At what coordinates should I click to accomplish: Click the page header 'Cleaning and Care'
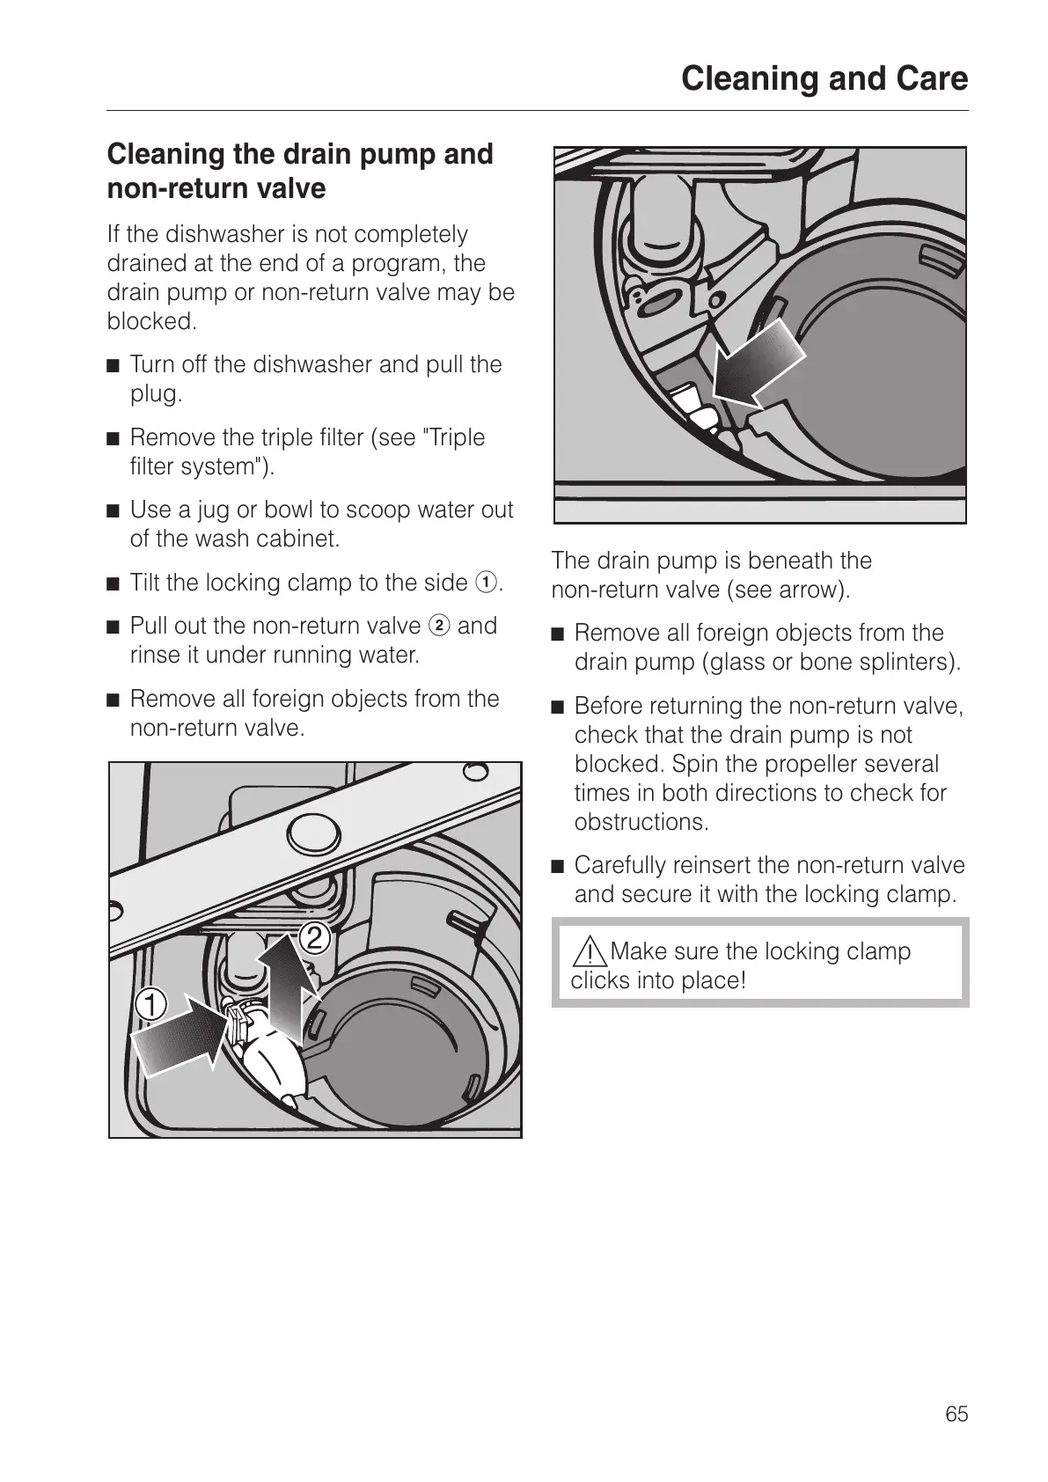pos(824,79)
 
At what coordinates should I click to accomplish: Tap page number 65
pos(956,1414)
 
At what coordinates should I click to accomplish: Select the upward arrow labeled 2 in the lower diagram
pos(288,986)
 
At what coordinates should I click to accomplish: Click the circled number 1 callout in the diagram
pos(151,1004)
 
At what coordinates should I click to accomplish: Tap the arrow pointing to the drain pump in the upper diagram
pos(758,363)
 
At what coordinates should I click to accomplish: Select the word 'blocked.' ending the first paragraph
pos(151,321)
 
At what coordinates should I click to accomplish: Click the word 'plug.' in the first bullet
pos(156,393)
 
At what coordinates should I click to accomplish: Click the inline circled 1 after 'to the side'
pos(485,583)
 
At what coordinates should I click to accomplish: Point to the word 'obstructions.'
pos(641,822)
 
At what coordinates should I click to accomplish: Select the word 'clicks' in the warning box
pos(600,980)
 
